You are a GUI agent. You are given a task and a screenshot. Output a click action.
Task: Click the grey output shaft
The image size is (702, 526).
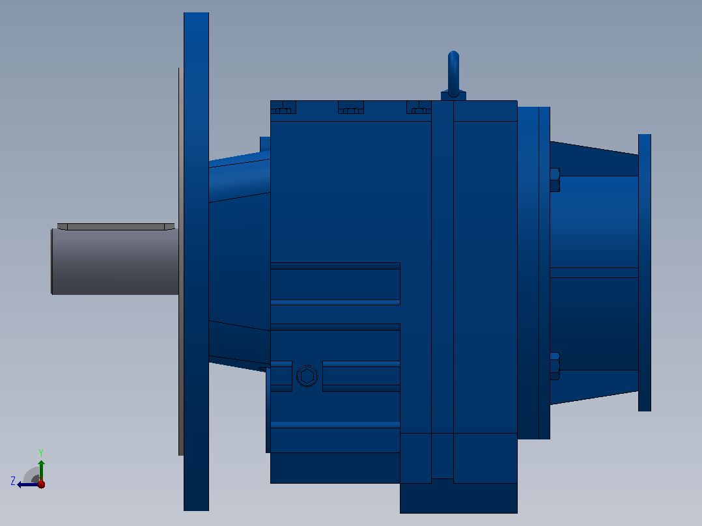(x=115, y=262)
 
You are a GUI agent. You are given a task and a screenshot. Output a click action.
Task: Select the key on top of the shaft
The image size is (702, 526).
(x=116, y=227)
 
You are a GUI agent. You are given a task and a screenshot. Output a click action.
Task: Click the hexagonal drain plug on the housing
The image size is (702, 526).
(x=307, y=376)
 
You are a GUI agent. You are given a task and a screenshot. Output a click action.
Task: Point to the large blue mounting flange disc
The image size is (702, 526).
(x=196, y=262)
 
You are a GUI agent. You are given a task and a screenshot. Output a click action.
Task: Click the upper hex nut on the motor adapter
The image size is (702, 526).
(x=555, y=180)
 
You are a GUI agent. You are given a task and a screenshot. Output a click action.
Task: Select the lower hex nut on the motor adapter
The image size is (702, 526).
(x=555, y=367)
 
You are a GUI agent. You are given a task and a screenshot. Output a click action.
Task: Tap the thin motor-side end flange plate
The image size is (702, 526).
(x=645, y=272)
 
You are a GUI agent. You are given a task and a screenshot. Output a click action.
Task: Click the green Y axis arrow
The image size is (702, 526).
(x=41, y=471)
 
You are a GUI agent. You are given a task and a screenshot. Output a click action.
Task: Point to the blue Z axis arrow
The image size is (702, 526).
(x=28, y=484)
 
